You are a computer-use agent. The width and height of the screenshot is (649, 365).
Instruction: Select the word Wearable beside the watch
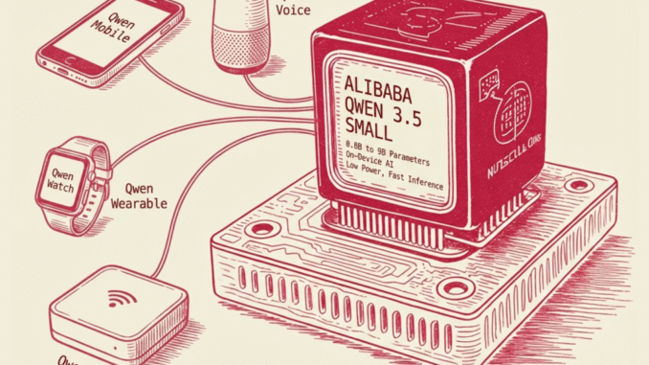[140, 203]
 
